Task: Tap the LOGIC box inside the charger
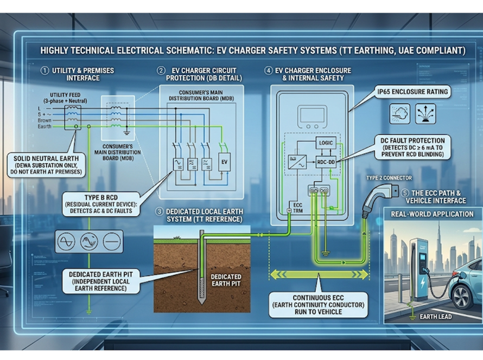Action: (x=326, y=142)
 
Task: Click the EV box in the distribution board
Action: (x=224, y=162)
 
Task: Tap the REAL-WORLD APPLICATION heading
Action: (x=432, y=214)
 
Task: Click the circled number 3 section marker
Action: (x=159, y=210)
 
